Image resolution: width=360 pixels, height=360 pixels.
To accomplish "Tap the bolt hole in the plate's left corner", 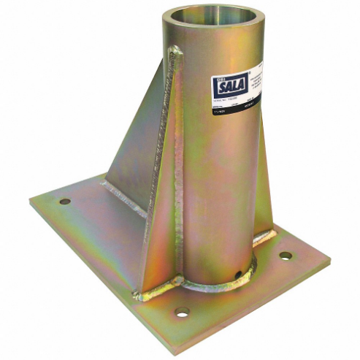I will (x=65, y=200).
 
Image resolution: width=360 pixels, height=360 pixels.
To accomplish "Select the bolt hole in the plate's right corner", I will (x=286, y=256).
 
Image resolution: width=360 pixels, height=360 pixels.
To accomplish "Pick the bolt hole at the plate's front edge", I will (x=182, y=312).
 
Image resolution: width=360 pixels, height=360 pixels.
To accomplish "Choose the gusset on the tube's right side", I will (x=265, y=190).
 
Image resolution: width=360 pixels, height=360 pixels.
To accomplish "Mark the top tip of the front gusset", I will (x=175, y=50).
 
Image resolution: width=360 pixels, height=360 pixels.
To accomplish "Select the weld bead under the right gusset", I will (x=266, y=234).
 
